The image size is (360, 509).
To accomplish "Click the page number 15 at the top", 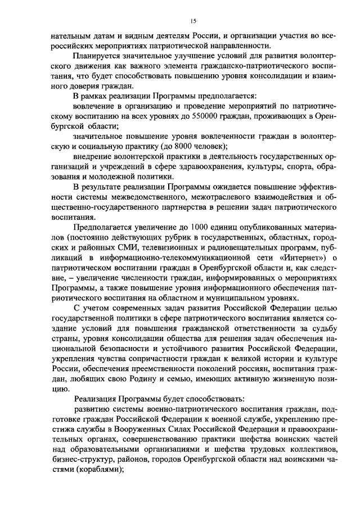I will coord(192,21).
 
